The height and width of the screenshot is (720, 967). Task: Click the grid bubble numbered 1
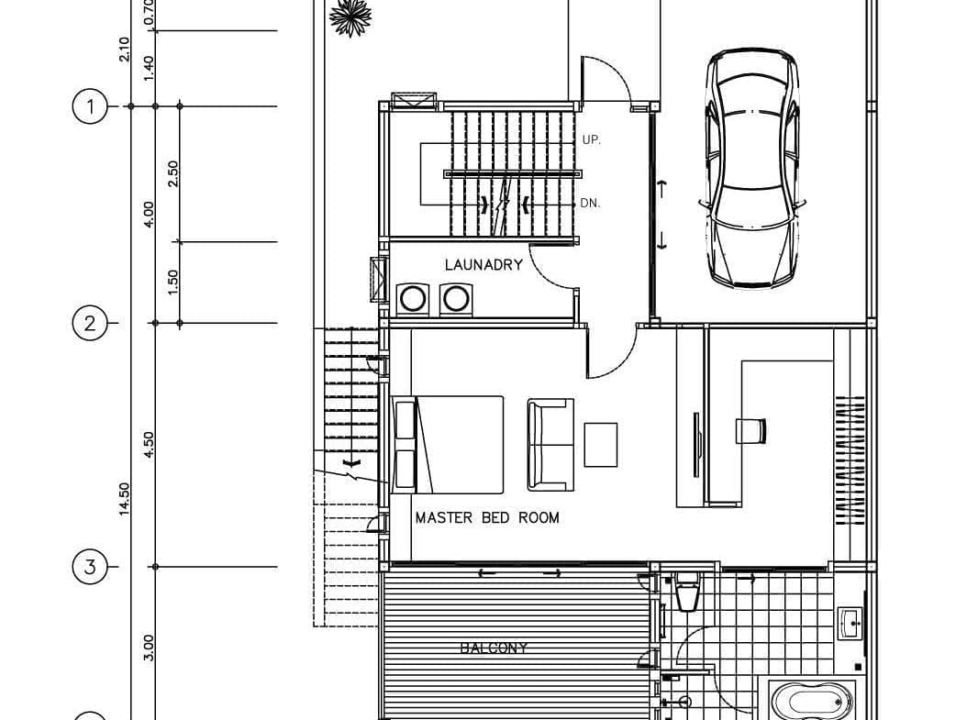(90, 106)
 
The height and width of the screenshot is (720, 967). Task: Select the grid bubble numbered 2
(90, 323)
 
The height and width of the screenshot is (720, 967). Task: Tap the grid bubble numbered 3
(90, 567)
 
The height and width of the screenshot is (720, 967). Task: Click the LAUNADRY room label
(483, 265)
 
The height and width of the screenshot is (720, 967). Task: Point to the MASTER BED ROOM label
(487, 518)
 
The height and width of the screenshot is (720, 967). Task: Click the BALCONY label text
(494, 648)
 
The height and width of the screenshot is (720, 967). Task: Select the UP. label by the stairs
(592, 140)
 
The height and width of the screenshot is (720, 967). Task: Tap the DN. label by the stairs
(590, 203)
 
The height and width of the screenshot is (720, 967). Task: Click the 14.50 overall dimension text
(125, 499)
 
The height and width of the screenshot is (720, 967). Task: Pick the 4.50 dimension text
(149, 445)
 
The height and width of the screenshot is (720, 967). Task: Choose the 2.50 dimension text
(172, 174)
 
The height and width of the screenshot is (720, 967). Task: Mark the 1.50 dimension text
(172, 282)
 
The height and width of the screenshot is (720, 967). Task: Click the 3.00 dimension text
(149, 648)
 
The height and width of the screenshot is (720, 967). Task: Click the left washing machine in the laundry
(413, 299)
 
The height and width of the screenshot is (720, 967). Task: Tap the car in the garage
(752, 168)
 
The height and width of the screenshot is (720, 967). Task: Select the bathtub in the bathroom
(811, 700)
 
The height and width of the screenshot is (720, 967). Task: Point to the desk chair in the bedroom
(751, 431)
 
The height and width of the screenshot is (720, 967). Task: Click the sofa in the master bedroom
(550, 445)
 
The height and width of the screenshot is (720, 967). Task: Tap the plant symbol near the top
(350, 17)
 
